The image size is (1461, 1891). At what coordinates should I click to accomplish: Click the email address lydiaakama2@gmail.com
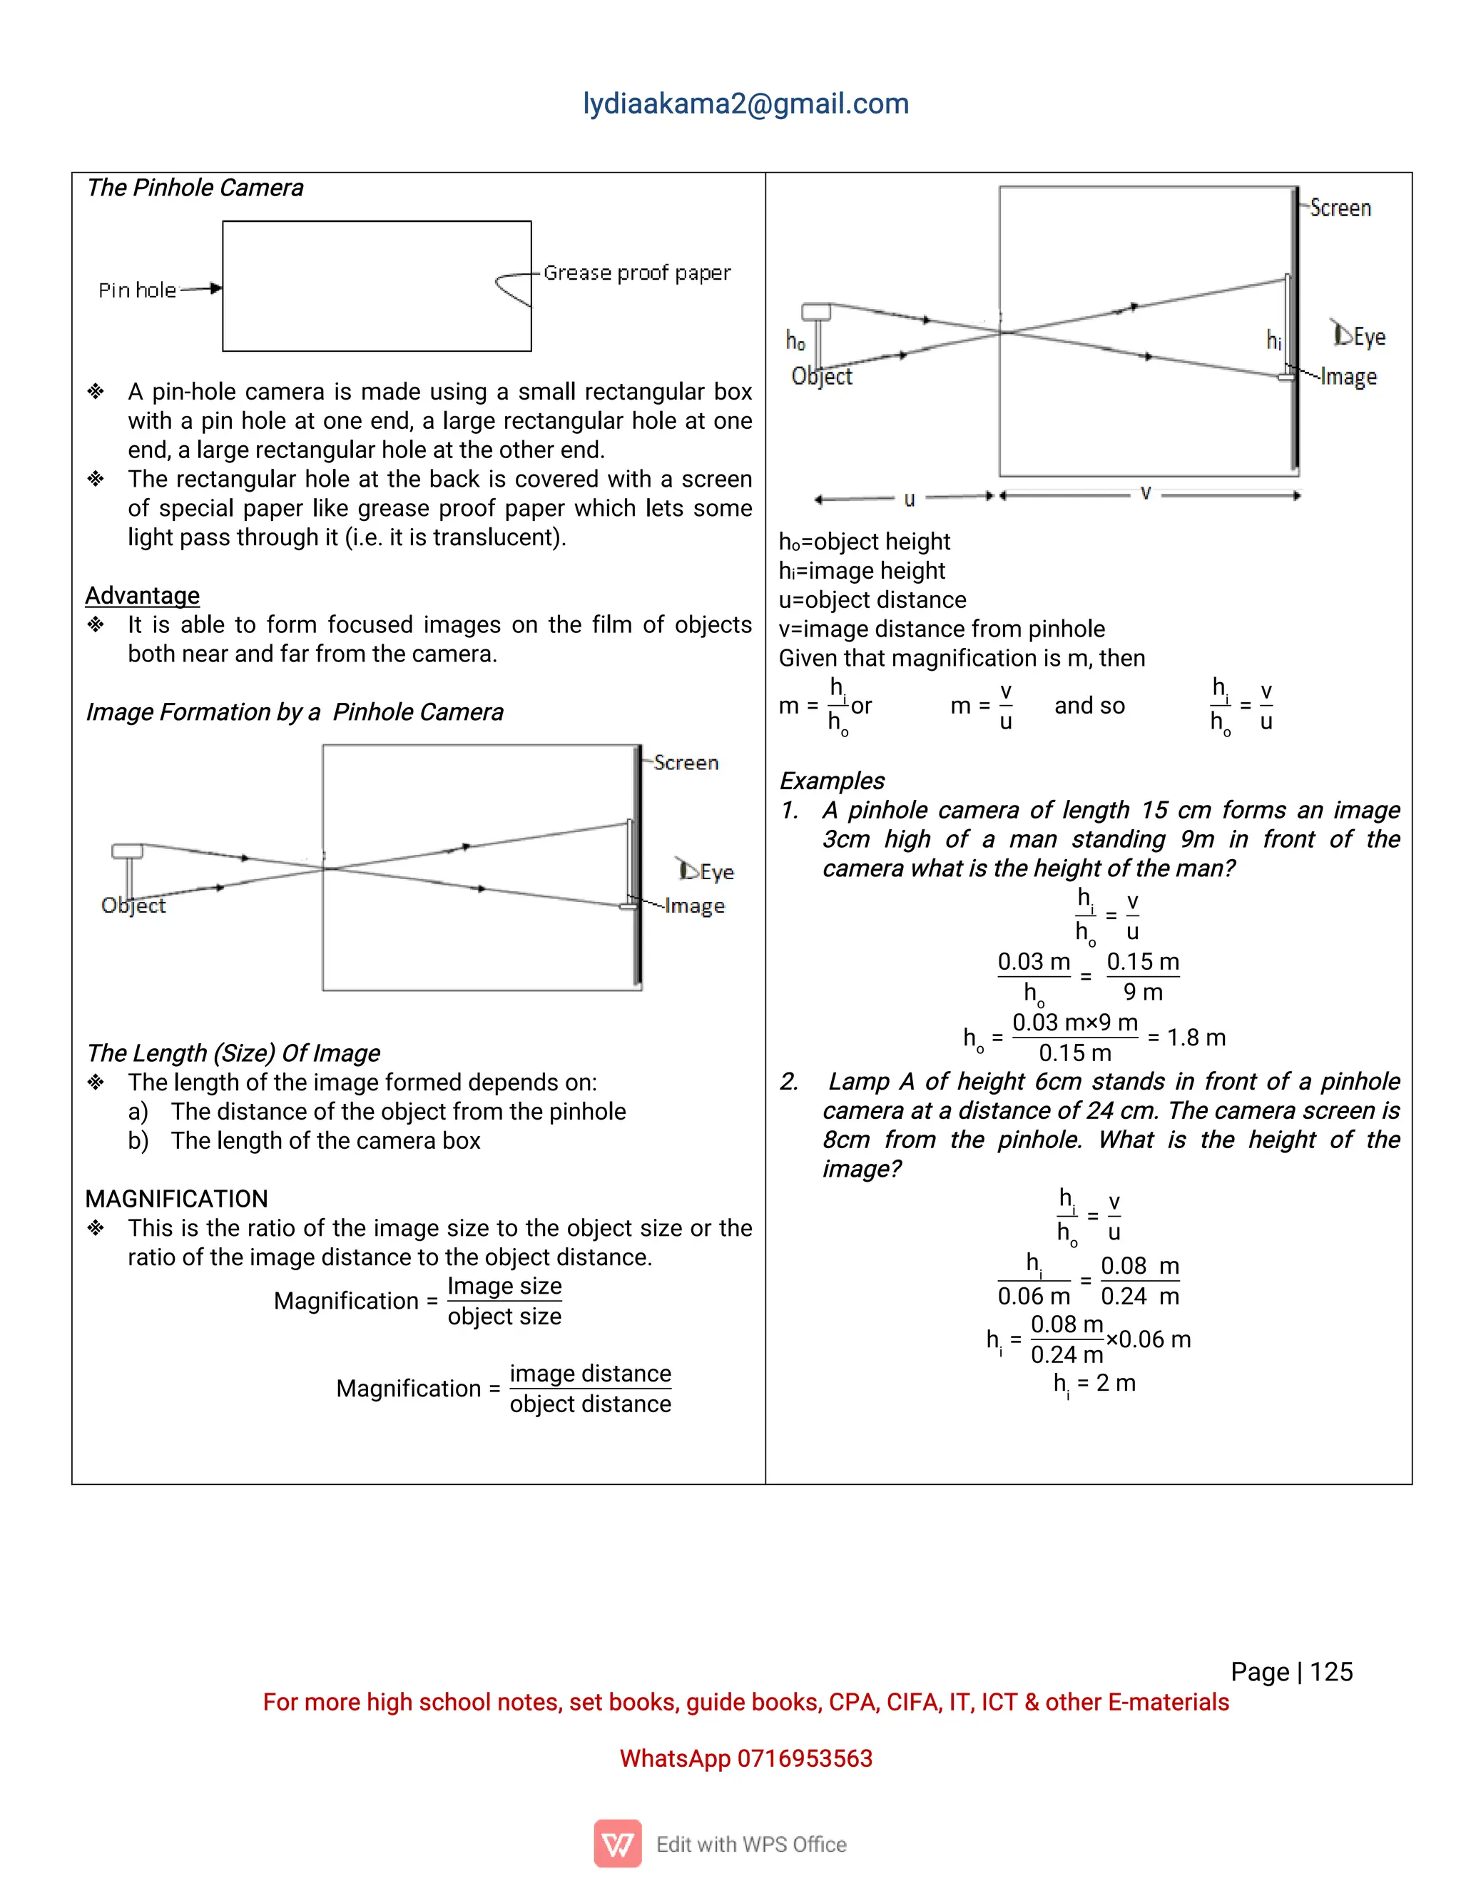(x=745, y=104)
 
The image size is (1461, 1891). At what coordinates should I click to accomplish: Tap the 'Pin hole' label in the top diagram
(x=137, y=290)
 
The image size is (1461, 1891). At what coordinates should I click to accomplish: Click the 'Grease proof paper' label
(x=637, y=273)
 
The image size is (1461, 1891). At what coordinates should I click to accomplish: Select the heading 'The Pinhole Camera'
(x=195, y=188)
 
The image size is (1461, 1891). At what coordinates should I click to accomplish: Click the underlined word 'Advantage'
(x=142, y=596)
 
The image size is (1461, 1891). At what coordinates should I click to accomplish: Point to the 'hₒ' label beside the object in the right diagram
(x=795, y=341)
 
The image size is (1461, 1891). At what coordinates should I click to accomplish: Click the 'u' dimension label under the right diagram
(x=909, y=499)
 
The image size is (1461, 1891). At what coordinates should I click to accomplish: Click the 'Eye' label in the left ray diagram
(x=717, y=872)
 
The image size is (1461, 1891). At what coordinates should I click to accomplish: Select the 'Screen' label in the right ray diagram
(x=1340, y=208)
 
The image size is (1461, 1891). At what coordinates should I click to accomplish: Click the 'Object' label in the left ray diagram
(x=133, y=906)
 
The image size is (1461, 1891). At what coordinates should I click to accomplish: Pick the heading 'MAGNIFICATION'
(x=177, y=1200)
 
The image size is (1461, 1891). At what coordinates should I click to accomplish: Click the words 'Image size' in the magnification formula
(x=504, y=1286)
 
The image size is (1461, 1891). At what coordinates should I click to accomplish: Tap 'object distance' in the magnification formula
(x=590, y=1404)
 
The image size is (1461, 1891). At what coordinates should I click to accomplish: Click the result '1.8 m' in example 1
(x=1196, y=1038)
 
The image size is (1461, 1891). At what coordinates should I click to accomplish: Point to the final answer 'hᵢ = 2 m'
(x=1094, y=1383)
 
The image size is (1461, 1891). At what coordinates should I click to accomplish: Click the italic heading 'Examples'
(x=832, y=781)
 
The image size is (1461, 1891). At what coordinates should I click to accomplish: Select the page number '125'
(x=1331, y=1672)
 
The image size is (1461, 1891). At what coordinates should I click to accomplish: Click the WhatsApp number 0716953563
(x=804, y=1758)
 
